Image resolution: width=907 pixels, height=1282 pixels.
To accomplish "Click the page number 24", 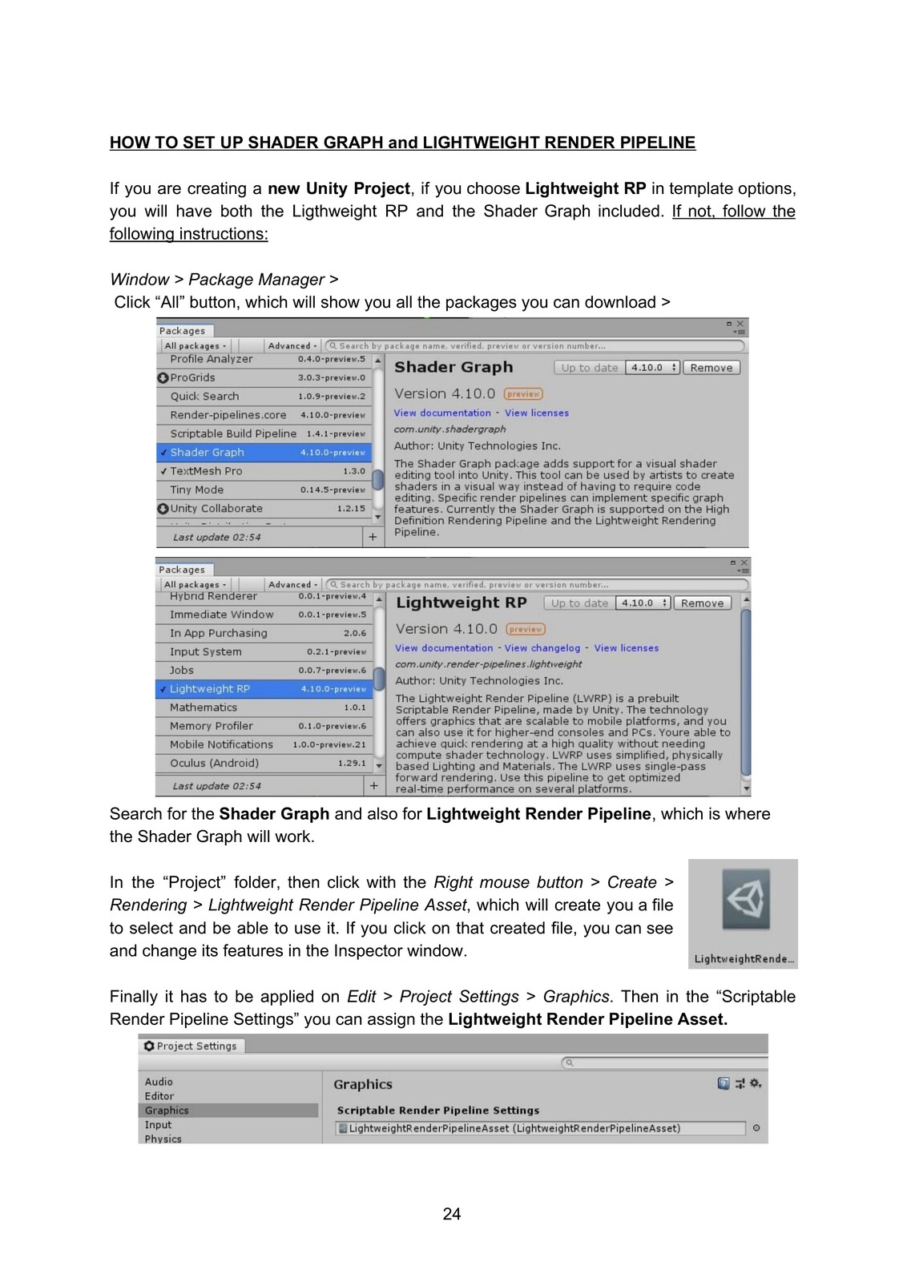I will tap(452, 1214).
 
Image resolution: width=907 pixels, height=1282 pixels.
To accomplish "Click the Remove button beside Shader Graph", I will tap(711, 368).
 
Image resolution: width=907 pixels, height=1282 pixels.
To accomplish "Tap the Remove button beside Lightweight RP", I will tap(702, 603).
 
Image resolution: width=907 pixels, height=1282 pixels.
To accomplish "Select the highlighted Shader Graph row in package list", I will tap(264, 453).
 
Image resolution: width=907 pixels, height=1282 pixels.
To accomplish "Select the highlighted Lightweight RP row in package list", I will tap(264, 689).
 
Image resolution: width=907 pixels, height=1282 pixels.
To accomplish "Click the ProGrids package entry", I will tap(193, 377).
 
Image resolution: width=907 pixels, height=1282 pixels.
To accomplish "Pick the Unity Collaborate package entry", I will tap(216, 508).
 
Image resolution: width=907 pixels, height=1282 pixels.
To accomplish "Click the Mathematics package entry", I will tap(204, 708).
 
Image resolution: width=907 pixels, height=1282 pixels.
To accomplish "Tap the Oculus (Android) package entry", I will tap(214, 763).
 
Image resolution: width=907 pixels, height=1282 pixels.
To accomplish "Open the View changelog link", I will tap(542, 648).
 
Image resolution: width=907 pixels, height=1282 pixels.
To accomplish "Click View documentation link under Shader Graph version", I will tap(442, 413).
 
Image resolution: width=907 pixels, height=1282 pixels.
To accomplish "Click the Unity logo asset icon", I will tap(744, 900).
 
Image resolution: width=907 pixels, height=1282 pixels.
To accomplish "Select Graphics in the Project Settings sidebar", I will tap(167, 1111).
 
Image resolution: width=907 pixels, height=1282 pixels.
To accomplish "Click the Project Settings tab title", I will tap(196, 1046).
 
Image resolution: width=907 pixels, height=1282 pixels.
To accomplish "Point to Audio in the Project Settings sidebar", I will tap(159, 1082).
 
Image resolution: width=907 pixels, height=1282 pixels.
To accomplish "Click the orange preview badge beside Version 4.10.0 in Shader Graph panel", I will tap(523, 394).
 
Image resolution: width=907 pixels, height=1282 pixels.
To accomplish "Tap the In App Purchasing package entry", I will tap(219, 633).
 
